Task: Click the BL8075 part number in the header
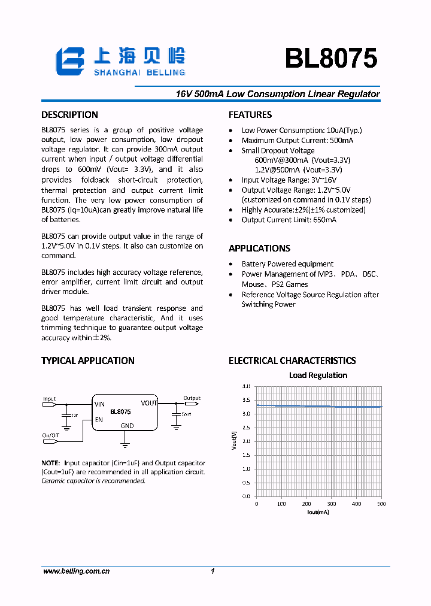pyautogui.click(x=330, y=59)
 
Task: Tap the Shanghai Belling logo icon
pyautogui.click(x=71, y=62)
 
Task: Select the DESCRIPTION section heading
pyautogui.click(x=69, y=115)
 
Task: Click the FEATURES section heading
pyautogui.click(x=250, y=115)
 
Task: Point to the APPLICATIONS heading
pyautogui.click(x=259, y=249)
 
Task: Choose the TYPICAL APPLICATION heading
pyautogui.click(x=87, y=360)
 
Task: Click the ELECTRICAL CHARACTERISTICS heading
pyautogui.click(x=292, y=360)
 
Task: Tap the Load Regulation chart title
pyautogui.click(x=318, y=375)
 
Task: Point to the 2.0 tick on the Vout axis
pyautogui.click(x=246, y=441)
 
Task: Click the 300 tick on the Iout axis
pyautogui.click(x=331, y=504)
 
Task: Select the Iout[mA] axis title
pyautogui.click(x=318, y=512)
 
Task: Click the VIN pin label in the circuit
pyautogui.click(x=99, y=404)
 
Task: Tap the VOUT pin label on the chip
pyautogui.click(x=149, y=403)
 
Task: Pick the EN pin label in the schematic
pyautogui.click(x=99, y=420)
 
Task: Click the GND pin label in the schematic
pyautogui.click(x=127, y=426)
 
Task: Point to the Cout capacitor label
pyautogui.click(x=186, y=414)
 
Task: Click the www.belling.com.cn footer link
pyautogui.click(x=76, y=572)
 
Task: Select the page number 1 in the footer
pyautogui.click(x=213, y=572)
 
